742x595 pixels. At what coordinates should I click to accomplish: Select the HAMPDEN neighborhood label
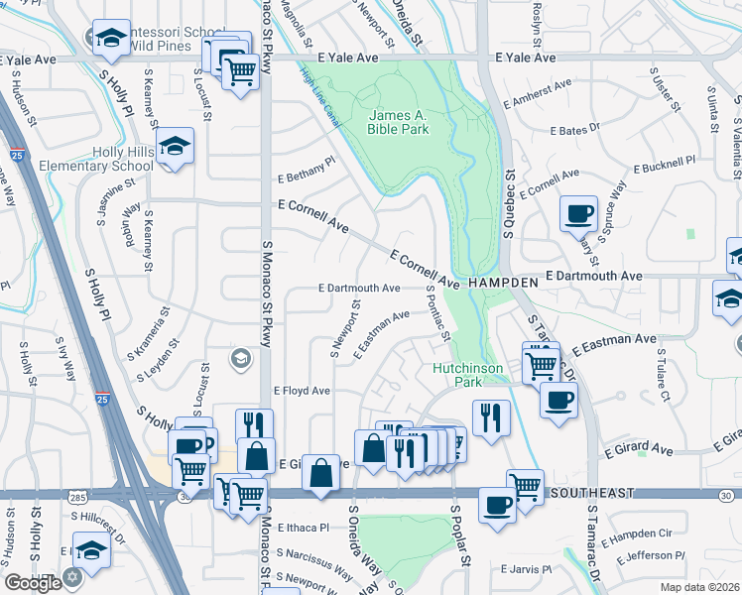503,283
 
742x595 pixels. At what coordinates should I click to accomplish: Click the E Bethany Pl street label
307,167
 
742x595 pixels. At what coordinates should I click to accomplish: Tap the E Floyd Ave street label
302,391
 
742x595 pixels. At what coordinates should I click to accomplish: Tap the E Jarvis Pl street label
526,569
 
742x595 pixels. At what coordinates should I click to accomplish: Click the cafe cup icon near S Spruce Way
578,212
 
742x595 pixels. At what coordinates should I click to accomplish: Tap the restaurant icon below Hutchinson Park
490,416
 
